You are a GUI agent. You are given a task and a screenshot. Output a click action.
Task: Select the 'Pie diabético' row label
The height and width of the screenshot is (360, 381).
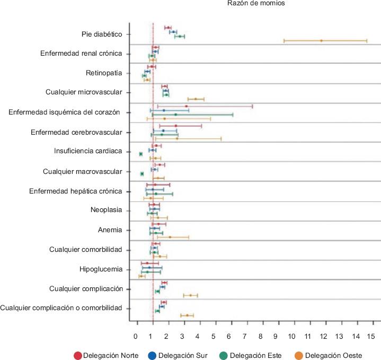(x=102, y=34)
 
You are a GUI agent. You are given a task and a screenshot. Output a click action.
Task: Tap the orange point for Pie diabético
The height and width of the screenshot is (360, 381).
(x=321, y=40)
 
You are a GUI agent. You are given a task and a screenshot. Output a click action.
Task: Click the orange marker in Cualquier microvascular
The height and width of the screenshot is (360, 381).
(x=196, y=99)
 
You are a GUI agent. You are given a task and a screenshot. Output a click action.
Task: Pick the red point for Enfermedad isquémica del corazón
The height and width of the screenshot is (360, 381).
(x=187, y=106)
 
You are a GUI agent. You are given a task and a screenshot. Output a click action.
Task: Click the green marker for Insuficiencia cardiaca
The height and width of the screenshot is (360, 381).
(x=141, y=154)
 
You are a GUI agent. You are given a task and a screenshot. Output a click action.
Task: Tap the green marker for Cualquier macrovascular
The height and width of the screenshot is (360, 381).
(x=142, y=174)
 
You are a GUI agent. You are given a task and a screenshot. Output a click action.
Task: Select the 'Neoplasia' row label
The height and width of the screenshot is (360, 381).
(x=107, y=210)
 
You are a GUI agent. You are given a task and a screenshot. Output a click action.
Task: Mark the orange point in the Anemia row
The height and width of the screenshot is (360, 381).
(x=170, y=237)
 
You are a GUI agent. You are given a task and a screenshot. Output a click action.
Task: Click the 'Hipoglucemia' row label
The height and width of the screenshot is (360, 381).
(x=100, y=269)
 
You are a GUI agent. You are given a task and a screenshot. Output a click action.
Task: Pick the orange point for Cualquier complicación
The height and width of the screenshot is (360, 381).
(x=191, y=295)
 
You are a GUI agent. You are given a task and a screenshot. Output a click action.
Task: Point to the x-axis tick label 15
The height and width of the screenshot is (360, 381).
(x=371, y=336)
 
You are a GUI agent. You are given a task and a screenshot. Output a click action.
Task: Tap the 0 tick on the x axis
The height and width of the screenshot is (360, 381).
(x=135, y=336)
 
